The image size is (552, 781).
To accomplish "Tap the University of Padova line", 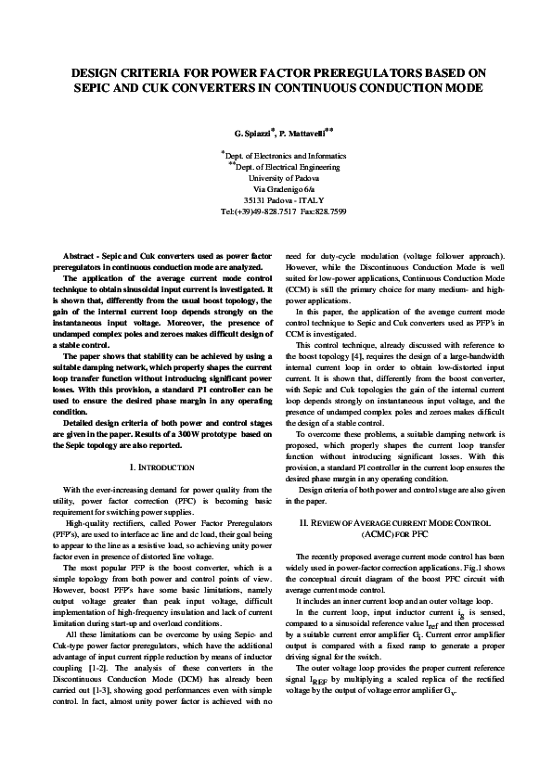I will [276, 176].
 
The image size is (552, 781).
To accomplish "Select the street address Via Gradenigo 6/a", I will [276, 188].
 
